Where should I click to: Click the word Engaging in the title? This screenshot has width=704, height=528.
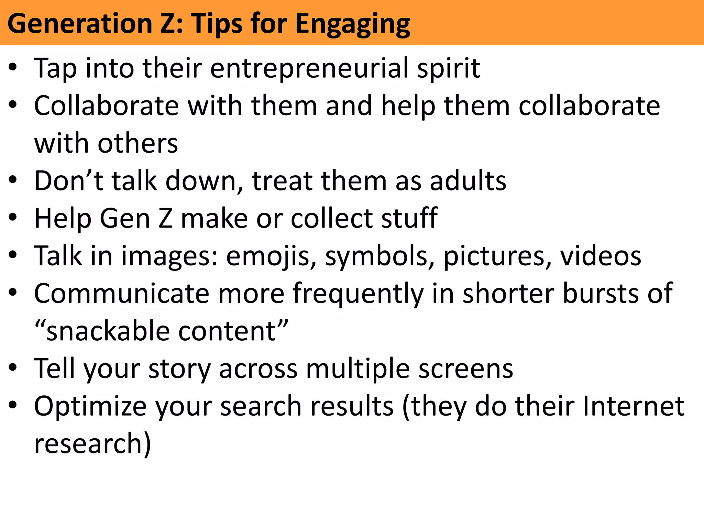(x=353, y=25)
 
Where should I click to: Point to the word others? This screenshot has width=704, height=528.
(x=138, y=143)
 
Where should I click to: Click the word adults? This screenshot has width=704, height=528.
(x=468, y=181)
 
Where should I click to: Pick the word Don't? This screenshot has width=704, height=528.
(x=69, y=181)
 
